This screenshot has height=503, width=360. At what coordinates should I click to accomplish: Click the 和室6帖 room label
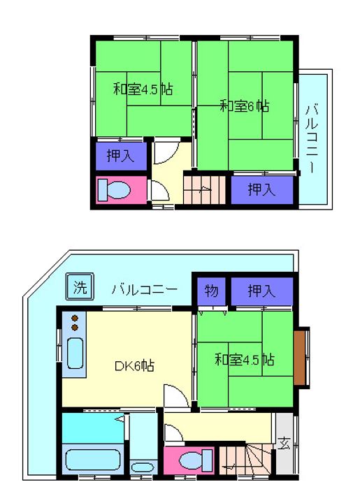click(245, 106)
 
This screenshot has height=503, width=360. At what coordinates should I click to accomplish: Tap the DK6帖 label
click(134, 365)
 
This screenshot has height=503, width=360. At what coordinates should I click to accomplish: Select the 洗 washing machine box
click(80, 286)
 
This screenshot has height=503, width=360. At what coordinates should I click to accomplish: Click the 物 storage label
click(210, 290)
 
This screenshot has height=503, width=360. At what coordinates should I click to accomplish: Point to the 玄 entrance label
click(284, 442)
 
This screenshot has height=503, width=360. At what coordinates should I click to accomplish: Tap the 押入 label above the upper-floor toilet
click(121, 156)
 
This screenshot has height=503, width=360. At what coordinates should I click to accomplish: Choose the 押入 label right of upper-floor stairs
click(261, 188)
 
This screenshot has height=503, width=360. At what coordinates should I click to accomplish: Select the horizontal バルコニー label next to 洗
click(145, 289)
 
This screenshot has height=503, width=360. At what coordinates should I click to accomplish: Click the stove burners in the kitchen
click(74, 323)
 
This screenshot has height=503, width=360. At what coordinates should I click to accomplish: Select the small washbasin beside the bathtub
click(144, 467)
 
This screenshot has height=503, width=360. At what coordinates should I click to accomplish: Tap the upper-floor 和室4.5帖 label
click(143, 89)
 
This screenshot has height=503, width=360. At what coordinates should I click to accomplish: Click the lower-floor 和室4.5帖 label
click(244, 360)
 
